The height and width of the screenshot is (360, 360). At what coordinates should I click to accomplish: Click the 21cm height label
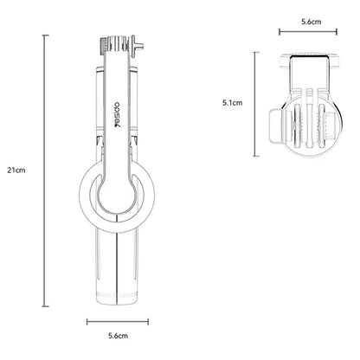click(16, 170)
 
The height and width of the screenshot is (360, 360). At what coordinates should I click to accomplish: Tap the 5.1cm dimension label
click(233, 103)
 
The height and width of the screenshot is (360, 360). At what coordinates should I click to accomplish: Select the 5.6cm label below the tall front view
click(118, 336)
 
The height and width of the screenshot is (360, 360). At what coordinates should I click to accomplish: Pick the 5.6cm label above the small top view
click(312, 22)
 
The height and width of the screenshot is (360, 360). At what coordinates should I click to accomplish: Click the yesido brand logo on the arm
click(119, 114)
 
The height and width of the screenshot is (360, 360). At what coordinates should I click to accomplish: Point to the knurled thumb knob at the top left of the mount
click(103, 46)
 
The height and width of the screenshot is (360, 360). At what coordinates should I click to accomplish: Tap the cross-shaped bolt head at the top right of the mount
click(137, 46)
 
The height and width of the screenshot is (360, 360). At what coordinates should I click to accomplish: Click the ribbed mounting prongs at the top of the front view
click(117, 43)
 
